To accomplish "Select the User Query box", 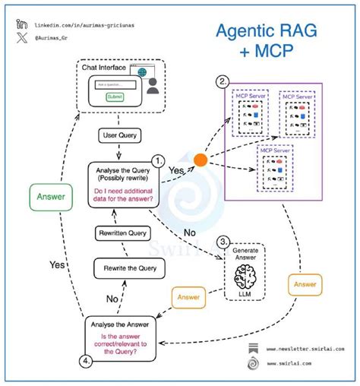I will tap(118, 135).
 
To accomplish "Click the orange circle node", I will tap(200, 160).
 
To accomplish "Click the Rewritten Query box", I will tap(121, 233).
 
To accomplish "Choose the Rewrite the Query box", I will tap(121, 268).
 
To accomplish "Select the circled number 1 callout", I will tap(158, 160).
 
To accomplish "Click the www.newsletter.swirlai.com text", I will tap(304, 349).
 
